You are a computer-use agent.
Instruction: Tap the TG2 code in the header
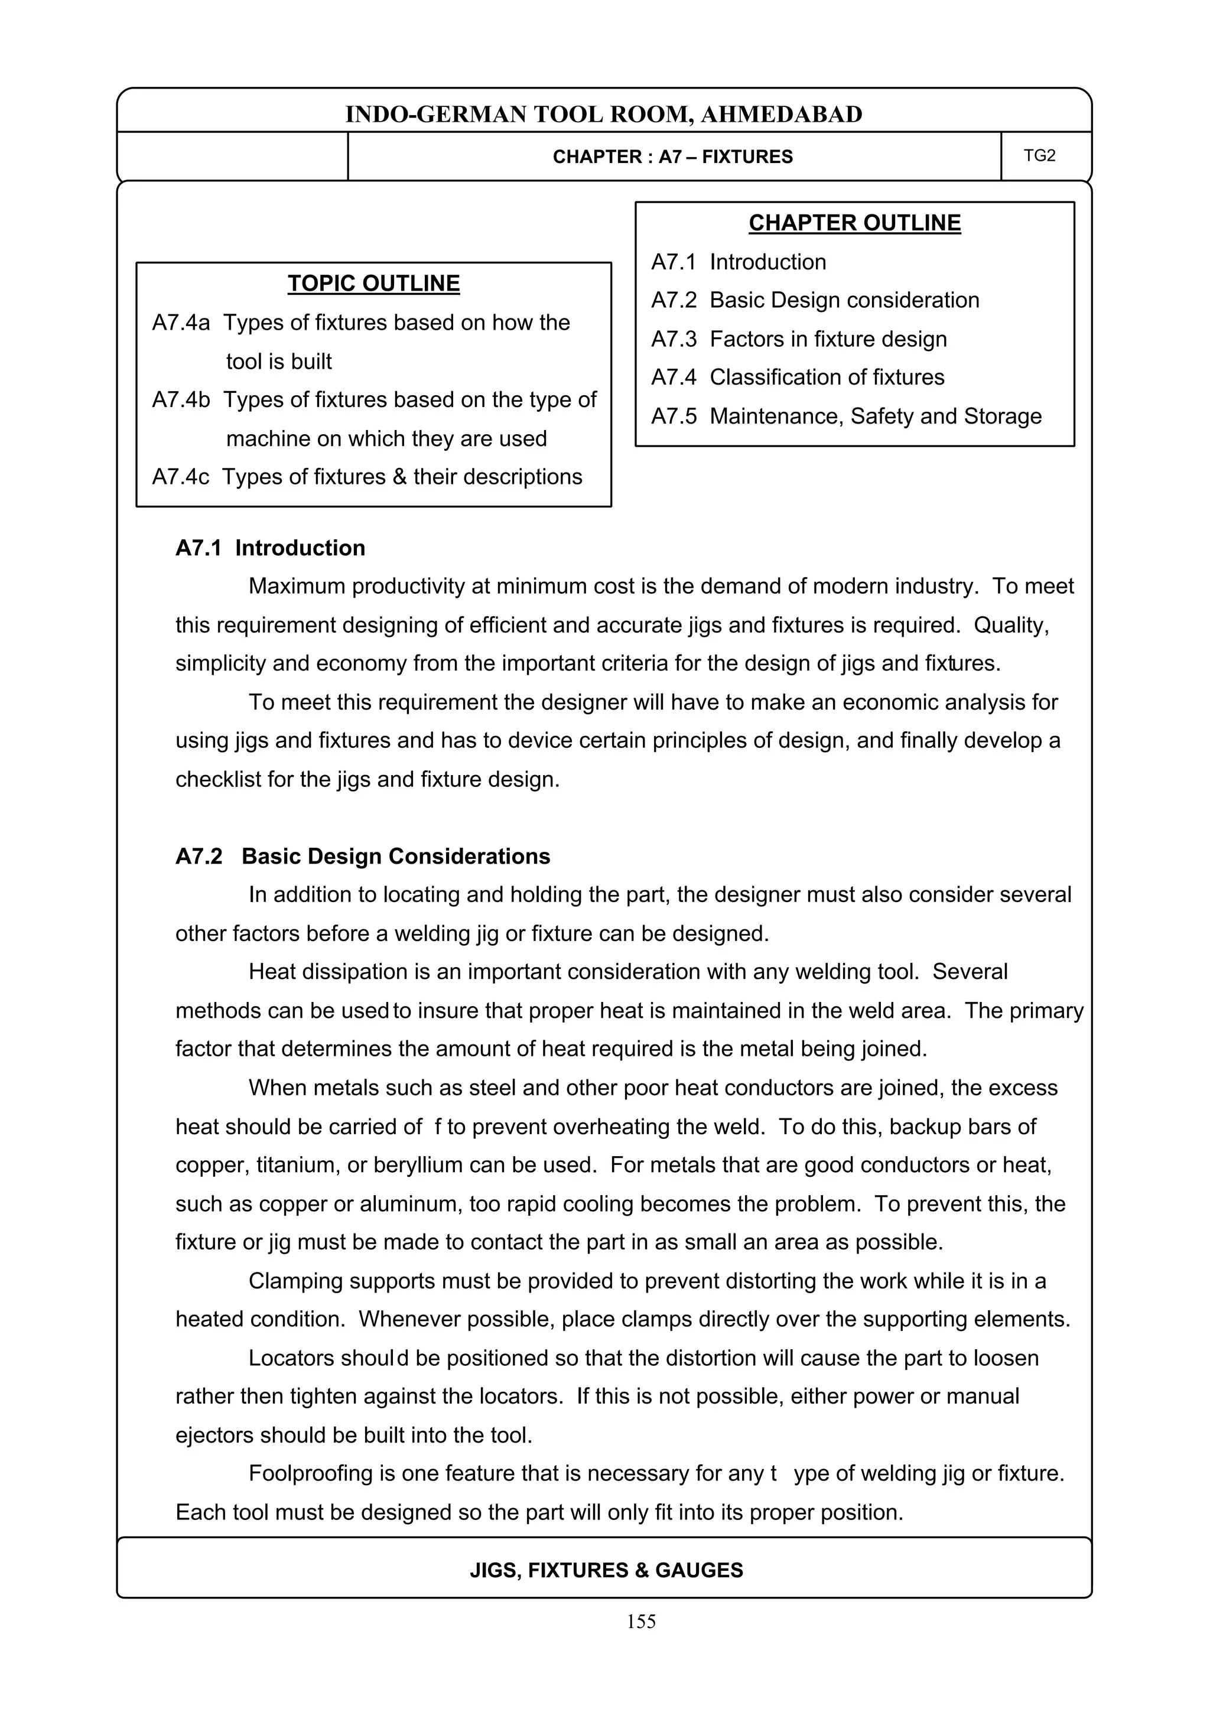(1039, 155)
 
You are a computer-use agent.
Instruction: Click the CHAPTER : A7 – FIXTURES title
(672, 157)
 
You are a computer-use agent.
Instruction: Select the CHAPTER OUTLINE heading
(854, 223)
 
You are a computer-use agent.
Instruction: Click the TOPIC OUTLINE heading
(373, 284)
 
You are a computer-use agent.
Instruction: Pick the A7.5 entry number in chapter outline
(673, 416)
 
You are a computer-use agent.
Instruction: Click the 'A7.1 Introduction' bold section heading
(270, 548)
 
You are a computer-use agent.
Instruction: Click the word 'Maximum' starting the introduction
(296, 586)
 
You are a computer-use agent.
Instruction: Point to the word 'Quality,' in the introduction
(1011, 625)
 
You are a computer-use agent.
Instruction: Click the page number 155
(641, 1622)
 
